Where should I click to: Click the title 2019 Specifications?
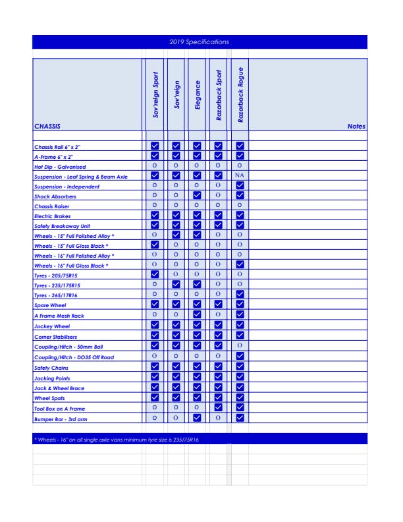tap(199, 42)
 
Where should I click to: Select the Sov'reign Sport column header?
tap(155, 95)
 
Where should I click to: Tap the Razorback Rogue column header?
tap(240, 95)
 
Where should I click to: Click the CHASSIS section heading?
tap(47, 126)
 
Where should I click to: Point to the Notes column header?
tap(356, 127)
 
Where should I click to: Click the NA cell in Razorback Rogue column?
tap(240, 177)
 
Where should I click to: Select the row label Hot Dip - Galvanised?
tap(60, 167)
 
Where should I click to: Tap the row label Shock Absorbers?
tap(55, 196)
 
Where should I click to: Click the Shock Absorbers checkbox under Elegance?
tap(197, 196)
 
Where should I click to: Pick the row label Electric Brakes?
tap(53, 216)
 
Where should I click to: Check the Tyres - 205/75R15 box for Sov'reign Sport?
tap(155, 274)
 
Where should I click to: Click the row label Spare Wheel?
tap(50, 305)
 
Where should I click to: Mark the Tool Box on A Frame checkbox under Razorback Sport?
tap(219, 408)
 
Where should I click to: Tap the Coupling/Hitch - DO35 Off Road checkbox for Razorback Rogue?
tap(240, 356)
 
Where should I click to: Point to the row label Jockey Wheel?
tap(52, 326)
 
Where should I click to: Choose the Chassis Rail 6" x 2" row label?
tap(57, 147)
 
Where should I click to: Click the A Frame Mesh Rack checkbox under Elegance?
tap(197, 315)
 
